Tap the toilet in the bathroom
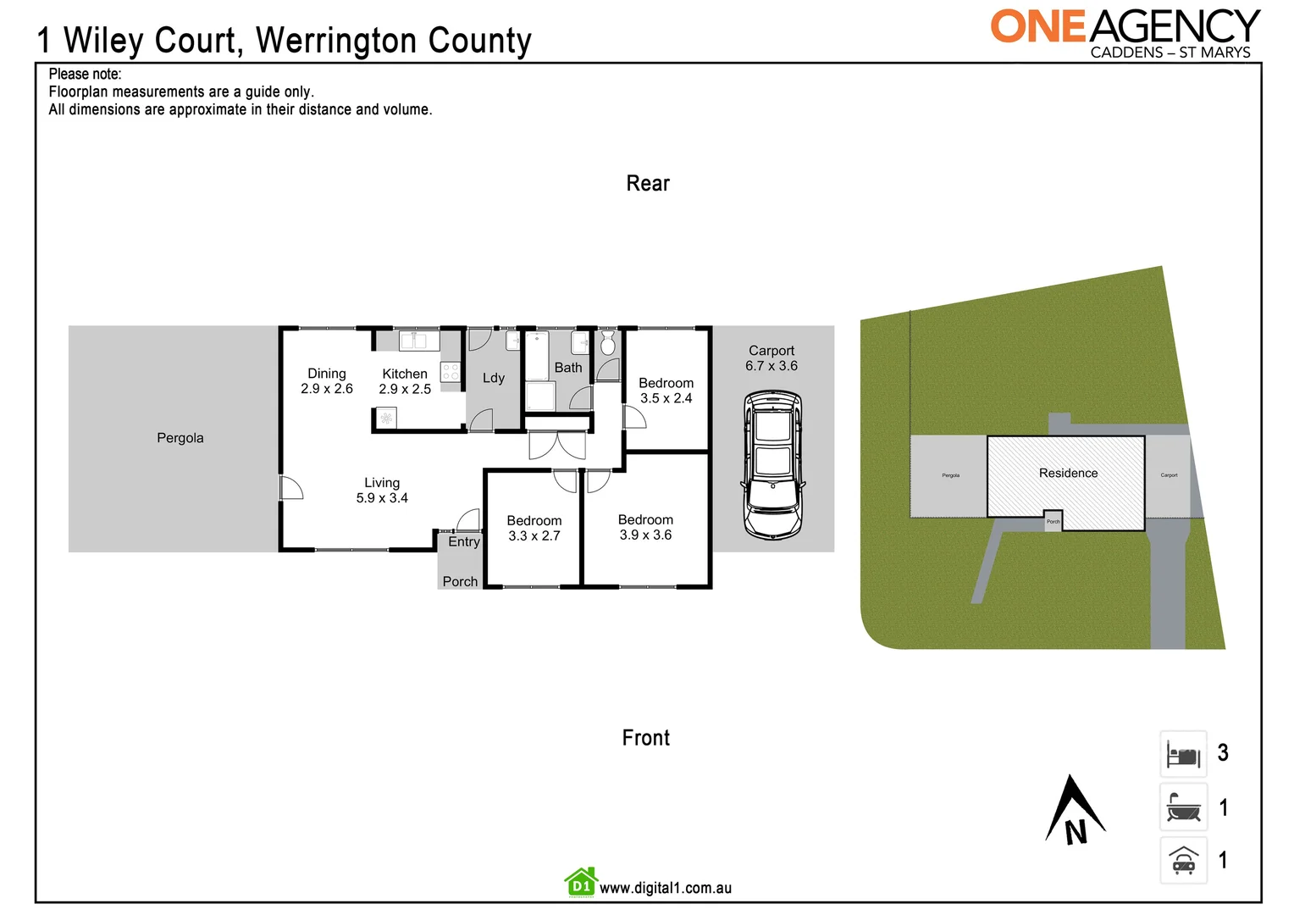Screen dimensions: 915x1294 (607, 343)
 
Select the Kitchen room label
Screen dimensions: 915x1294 (405, 374)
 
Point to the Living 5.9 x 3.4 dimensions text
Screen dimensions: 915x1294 (382, 498)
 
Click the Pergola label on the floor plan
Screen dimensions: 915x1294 (180, 438)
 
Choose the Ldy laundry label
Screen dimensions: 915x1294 (494, 378)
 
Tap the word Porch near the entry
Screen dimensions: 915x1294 (460, 581)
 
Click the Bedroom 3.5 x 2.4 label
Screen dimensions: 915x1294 (666, 391)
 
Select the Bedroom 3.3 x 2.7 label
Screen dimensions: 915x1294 (534, 528)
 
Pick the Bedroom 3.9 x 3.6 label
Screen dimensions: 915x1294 (645, 527)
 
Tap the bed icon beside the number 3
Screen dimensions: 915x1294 (1183, 754)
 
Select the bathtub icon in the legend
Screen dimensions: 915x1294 (1183, 808)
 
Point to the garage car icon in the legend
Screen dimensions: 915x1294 (1183, 861)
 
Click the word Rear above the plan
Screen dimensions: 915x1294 (648, 184)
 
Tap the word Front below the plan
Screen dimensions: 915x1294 (646, 738)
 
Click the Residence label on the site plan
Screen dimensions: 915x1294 (1068, 474)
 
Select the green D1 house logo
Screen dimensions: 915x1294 (581, 883)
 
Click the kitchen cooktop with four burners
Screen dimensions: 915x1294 (451, 372)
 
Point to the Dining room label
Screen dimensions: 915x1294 (327, 374)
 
